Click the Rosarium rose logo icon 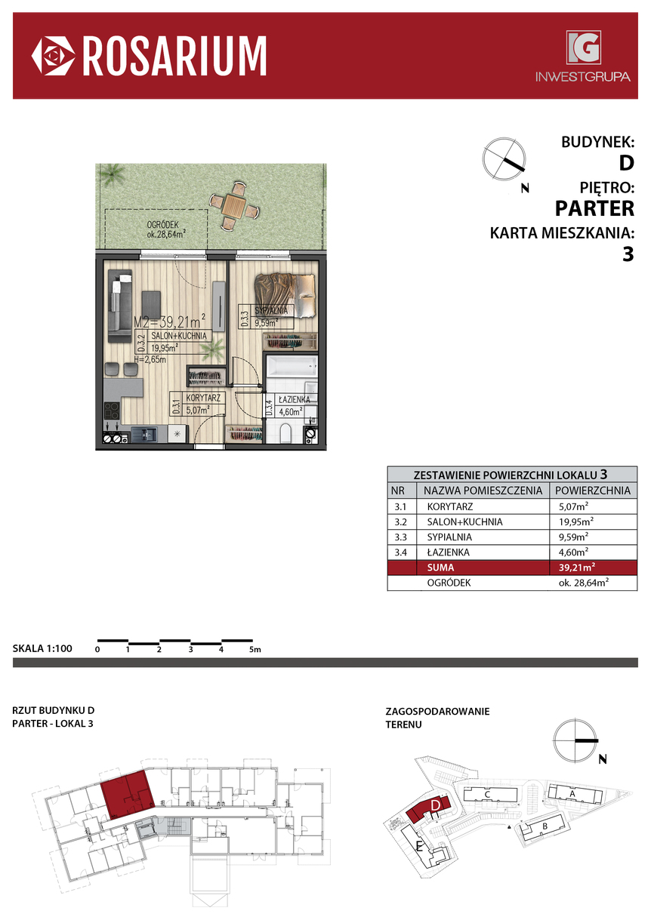click(x=54, y=56)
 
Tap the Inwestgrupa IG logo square click(x=583, y=48)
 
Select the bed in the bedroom click(x=285, y=295)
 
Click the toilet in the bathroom click(x=285, y=434)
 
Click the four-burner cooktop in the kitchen click(x=112, y=411)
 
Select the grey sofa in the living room click(x=120, y=306)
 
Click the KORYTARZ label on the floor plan click(x=203, y=398)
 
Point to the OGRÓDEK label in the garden click(x=163, y=225)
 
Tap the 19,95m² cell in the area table click(x=575, y=522)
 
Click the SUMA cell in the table click(x=440, y=568)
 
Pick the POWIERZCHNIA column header click(x=593, y=491)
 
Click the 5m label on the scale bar click(x=255, y=649)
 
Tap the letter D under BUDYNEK click(x=626, y=163)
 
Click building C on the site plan click(x=489, y=794)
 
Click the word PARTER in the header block click(x=594, y=208)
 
